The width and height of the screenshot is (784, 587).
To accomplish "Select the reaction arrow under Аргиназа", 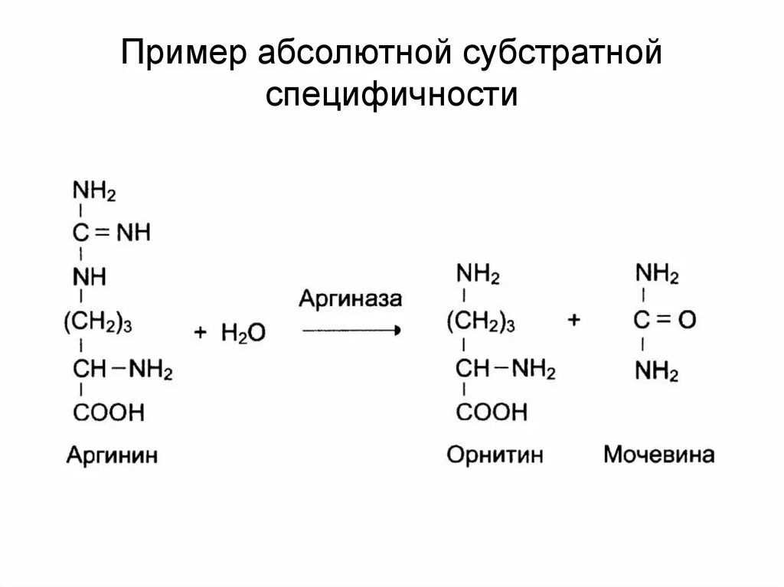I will [x=351, y=331].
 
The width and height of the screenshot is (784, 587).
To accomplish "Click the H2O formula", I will [x=243, y=332].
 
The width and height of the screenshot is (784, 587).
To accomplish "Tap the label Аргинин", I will [x=112, y=455].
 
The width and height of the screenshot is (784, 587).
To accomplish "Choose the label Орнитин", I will [x=495, y=455].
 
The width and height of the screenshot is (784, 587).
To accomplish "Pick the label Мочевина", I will [x=659, y=455].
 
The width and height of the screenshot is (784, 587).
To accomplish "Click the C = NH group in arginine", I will [x=112, y=233].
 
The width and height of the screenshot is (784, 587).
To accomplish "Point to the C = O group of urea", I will [x=664, y=320].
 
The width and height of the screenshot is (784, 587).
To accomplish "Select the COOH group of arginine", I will [x=109, y=413].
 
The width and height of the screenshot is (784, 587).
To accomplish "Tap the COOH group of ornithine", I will [x=492, y=413].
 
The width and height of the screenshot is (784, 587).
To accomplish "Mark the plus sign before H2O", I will [x=201, y=331].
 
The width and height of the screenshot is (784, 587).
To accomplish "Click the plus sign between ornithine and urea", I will [x=574, y=320].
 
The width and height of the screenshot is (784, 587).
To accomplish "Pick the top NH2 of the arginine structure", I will [x=94, y=190].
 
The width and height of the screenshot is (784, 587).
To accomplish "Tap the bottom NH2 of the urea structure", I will [x=657, y=373].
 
